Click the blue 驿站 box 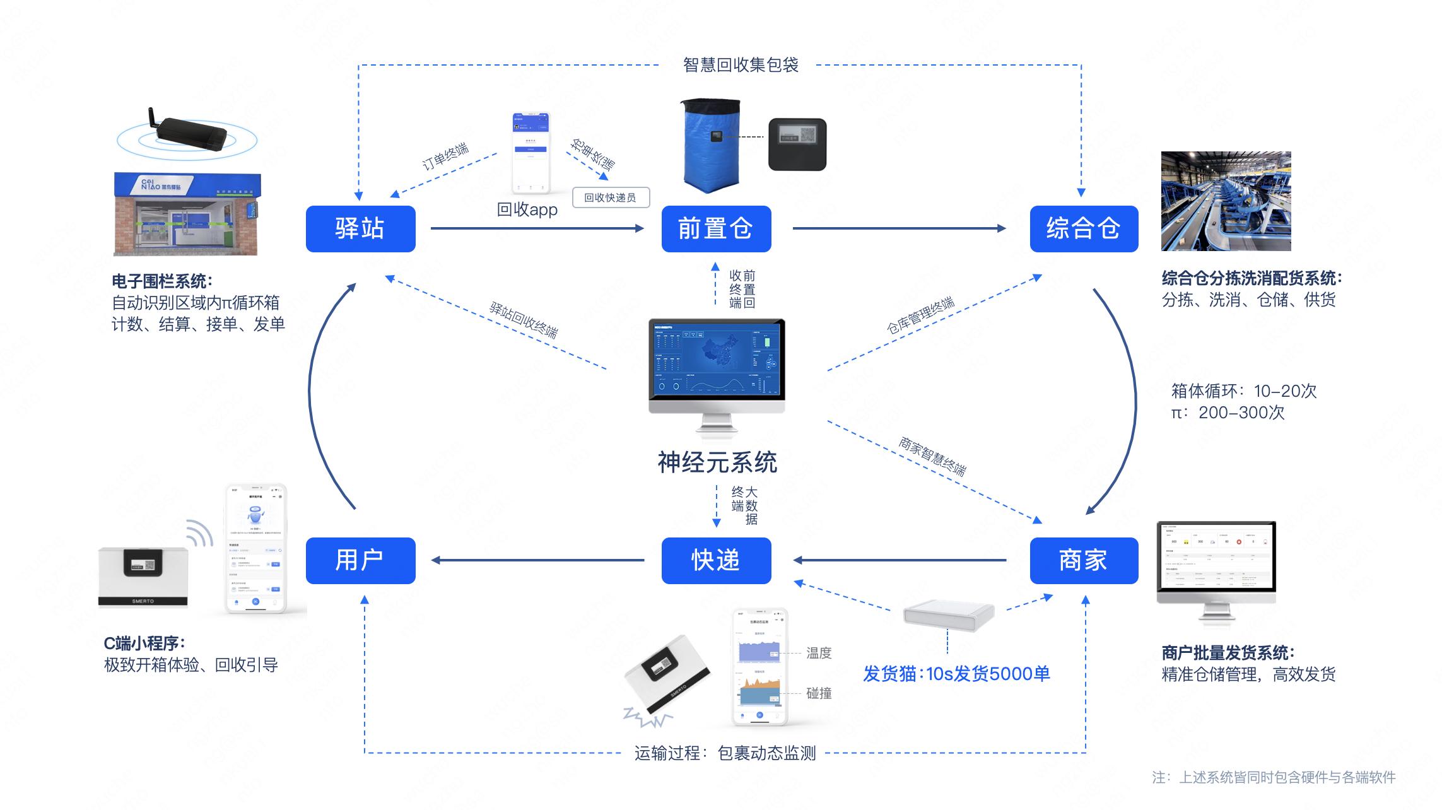360,228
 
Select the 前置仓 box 716,228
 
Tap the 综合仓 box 1084,228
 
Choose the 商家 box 1084,560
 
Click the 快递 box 716,560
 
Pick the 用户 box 360,560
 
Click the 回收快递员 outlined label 610,197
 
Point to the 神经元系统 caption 717,462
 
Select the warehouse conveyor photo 1226,201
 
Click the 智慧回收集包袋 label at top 741,65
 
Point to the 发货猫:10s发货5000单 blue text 956,674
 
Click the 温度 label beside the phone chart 819,653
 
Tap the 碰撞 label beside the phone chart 819,693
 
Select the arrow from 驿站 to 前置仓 536,228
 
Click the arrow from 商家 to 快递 900,560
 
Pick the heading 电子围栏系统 162,281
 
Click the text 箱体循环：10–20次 1243,391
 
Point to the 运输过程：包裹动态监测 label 725,753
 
